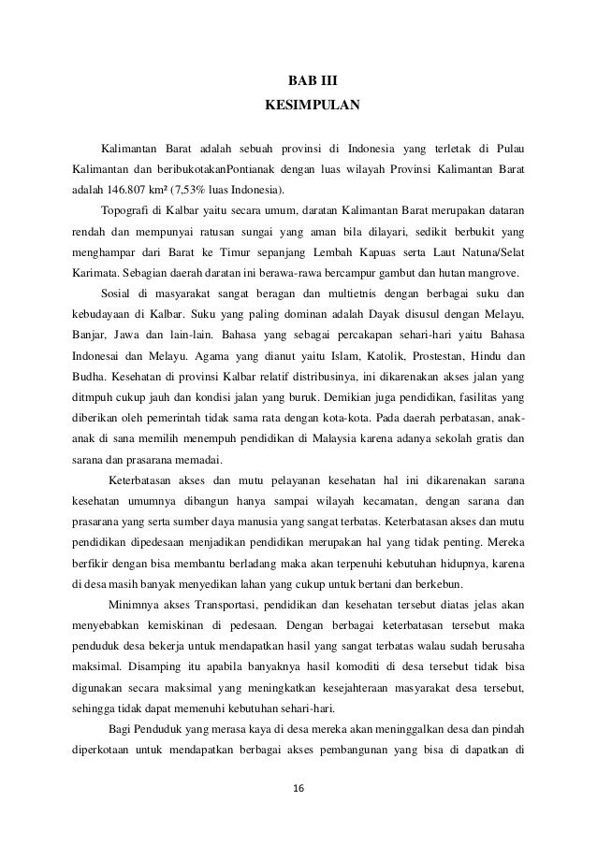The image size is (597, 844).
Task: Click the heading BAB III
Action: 298,93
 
